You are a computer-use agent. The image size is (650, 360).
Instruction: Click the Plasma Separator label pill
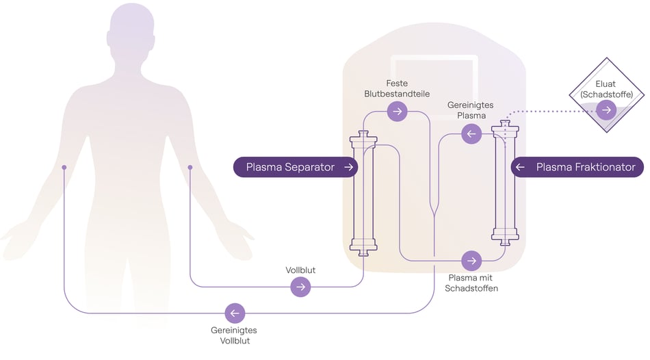click(x=295, y=167)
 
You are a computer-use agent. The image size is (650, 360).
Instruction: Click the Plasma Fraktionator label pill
click(x=578, y=167)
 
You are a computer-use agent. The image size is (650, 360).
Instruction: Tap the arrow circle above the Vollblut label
click(x=300, y=287)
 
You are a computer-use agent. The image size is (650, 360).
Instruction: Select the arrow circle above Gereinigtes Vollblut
click(x=235, y=313)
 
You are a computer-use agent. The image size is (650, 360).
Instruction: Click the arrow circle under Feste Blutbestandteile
click(x=396, y=112)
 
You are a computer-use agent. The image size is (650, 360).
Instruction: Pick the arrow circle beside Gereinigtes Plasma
click(x=471, y=133)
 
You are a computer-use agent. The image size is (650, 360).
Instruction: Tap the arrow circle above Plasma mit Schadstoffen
click(x=471, y=261)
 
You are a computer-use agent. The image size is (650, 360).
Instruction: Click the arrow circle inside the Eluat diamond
click(x=606, y=110)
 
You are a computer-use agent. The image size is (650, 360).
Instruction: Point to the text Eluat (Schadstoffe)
click(x=605, y=89)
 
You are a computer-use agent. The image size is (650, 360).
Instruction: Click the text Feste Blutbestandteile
click(x=397, y=88)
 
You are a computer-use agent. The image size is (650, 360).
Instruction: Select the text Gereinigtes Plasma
click(x=470, y=110)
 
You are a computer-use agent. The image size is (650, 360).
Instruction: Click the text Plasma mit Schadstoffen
click(x=471, y=283)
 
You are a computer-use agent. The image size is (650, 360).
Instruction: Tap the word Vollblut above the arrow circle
click(x=300, y=270)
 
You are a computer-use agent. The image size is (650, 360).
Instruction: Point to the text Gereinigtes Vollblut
click(x=235, y=335)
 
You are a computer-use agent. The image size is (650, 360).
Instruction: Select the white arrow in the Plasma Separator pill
click(x=348, y=167)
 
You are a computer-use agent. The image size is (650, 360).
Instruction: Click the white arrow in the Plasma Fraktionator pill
click(x=521, y=167)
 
